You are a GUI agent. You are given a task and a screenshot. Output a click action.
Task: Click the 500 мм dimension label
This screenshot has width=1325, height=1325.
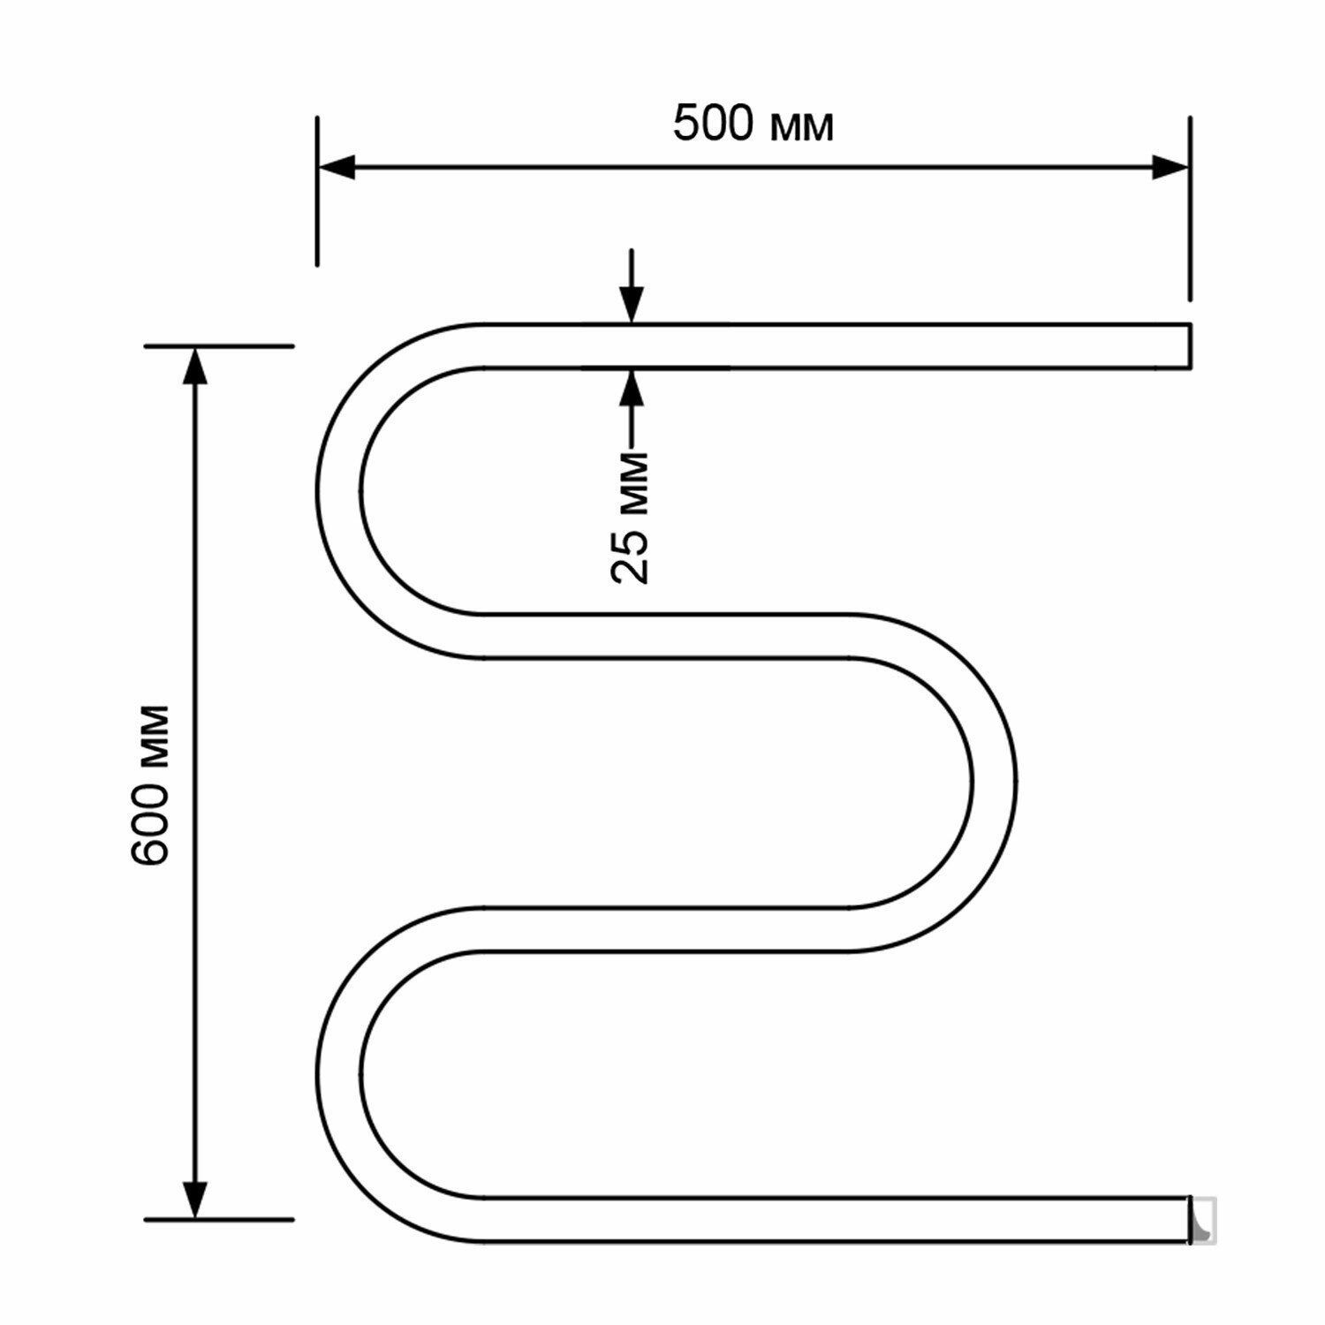pos(753,125)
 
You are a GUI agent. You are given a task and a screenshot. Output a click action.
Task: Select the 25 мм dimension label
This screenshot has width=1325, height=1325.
pos(631,517)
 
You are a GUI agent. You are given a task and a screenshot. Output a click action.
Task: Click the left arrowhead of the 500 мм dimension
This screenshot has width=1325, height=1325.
pos(337,167)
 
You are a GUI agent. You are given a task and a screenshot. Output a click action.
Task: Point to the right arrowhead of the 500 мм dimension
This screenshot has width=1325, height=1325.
pos(1169,167)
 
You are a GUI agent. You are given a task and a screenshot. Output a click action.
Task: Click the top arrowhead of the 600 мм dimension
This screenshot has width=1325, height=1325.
pos(195,365)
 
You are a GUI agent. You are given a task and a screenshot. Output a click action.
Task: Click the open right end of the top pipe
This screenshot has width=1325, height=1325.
pos(1189,344)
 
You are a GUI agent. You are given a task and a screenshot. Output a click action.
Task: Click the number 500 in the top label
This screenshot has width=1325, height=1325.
pos(714,125)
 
